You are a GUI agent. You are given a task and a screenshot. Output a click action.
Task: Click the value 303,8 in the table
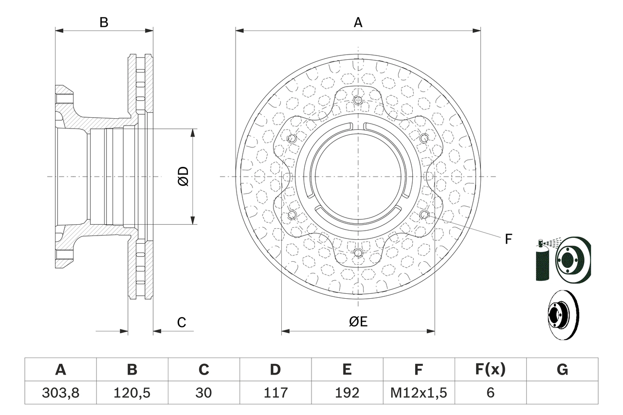coord(60,392)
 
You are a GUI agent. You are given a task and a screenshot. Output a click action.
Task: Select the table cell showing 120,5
coord(132,392)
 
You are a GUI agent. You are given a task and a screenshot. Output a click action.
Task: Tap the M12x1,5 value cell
coord(419,392)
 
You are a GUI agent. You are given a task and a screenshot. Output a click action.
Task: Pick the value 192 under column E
coord(347,392)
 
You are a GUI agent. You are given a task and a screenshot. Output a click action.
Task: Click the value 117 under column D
coord(275,392)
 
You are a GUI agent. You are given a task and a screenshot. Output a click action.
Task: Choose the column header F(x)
coord(490,370)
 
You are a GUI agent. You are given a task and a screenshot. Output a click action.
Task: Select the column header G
coord(562,370)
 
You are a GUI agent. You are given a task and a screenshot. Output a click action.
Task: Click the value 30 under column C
coord(203,392)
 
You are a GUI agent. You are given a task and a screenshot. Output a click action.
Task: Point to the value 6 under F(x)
coord(490,392)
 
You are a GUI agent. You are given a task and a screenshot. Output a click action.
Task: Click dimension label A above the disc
coord(358,22)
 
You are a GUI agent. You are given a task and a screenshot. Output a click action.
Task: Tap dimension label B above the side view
coord(104,22)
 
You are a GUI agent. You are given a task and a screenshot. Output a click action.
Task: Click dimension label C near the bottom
coord(181,322)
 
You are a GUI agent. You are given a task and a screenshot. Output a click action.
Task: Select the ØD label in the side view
coord(183,176)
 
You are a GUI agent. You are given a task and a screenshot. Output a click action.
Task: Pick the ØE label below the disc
coord(358,322)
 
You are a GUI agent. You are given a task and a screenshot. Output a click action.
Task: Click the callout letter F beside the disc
coord(508,239)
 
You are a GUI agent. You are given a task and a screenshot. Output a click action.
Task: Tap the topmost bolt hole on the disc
coord(358,100)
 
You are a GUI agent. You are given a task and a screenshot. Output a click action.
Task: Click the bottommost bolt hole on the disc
coord(358,253)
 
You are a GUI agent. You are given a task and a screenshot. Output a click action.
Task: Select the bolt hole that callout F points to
coord(424,215)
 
